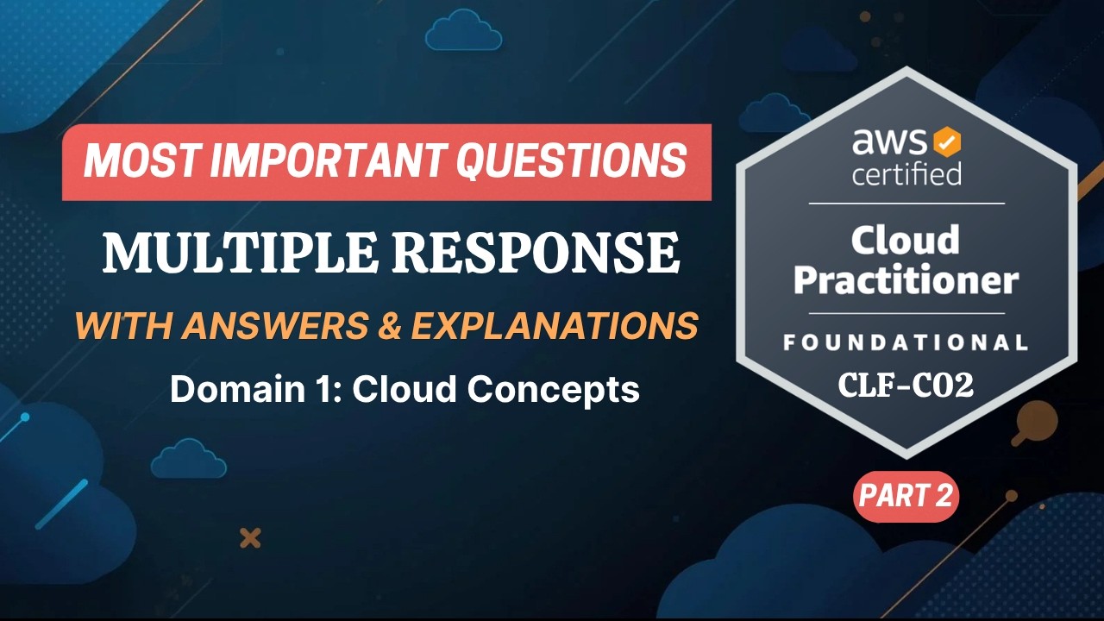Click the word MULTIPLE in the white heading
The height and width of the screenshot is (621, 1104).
[x=235, y=254]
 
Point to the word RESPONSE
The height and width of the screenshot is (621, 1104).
[x=530, y=254]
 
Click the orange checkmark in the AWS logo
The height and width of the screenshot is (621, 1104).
[x=948, y=140]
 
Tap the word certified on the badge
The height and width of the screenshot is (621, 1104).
[x=906, y=173]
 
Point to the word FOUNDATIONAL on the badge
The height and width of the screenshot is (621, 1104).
[x=906, y=342]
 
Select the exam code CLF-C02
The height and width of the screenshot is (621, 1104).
[x=906, y=386]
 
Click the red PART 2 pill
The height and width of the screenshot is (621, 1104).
[x=906, y=496]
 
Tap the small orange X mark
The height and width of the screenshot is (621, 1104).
[x=250, y=539]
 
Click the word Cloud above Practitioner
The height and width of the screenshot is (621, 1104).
[x=906, y=240]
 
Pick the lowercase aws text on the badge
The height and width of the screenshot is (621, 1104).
[x=891, y=141]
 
